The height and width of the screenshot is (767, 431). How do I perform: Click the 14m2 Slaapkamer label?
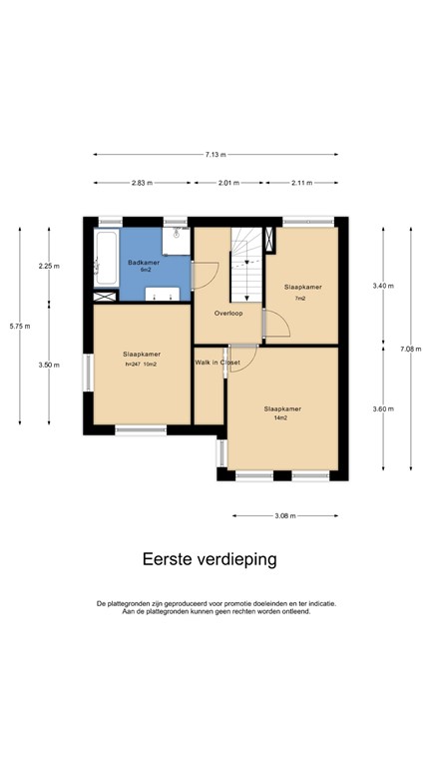tap(282, 408)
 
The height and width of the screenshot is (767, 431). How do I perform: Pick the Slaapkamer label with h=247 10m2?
tap(142, 355)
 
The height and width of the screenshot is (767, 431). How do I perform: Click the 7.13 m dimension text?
tap(215, 155)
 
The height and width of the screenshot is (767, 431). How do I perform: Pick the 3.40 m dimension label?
tap(382, 287)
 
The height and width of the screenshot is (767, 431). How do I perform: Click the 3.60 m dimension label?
tap(382, 409)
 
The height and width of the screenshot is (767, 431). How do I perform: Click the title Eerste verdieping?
tap(210, 559)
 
